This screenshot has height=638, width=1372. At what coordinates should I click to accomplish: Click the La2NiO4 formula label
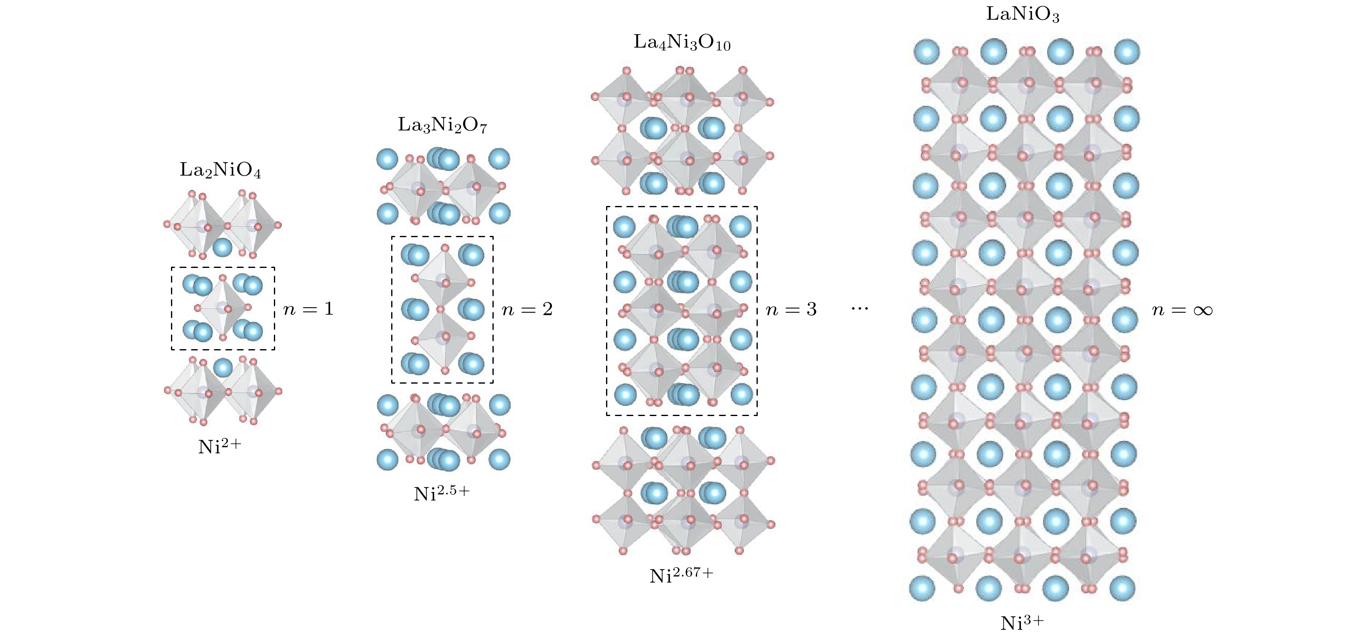220,170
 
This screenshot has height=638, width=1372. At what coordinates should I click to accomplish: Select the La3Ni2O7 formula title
442,125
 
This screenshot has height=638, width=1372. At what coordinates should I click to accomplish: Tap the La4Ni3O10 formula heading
682,43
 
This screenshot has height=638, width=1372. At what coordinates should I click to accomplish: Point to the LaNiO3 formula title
1023,14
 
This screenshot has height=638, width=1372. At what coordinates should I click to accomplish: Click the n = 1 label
308,309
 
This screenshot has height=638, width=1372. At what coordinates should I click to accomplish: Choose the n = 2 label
527,309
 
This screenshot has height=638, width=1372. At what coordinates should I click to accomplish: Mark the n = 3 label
791,309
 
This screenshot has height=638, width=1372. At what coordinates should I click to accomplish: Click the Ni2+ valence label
220,446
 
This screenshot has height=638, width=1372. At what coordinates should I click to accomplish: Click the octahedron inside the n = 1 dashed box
223,308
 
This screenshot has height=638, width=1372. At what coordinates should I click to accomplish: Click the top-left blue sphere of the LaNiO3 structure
927,52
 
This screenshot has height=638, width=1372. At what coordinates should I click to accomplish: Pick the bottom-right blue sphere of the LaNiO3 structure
1122,588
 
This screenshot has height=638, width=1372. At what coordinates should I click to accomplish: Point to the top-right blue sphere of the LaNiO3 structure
1126,52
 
